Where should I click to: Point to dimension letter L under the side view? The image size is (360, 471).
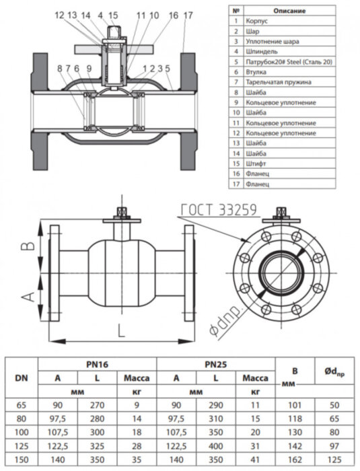click(x=120, y=330)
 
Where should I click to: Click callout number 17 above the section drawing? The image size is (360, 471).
click(x=187, y=15)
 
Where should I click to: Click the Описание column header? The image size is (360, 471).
click(x=289, y=11)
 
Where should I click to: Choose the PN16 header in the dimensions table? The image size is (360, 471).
click(x=97, y=364)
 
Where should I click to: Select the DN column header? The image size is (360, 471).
click(x=21, y=377)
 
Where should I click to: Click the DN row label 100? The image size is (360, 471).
click(x=21, y=432)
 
